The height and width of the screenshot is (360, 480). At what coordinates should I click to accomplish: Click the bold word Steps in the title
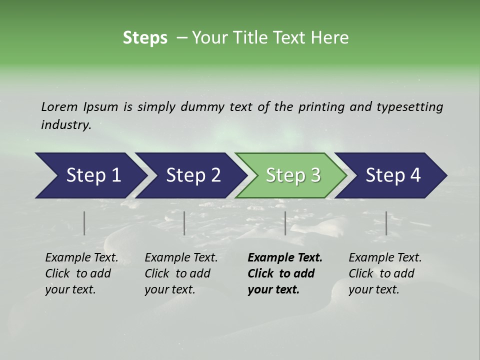[145, 37]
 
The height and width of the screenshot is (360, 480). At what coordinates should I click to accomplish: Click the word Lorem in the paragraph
[59, 106]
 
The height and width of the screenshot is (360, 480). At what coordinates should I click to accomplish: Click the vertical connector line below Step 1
[84, 223]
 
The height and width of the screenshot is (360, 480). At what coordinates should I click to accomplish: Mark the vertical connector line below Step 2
[184, 223]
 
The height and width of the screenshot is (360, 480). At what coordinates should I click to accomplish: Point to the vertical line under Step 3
[285, 223]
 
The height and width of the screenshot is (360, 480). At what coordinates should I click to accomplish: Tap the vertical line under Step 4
[386, 223]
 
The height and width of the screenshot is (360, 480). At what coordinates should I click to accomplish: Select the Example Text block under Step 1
[81, 273]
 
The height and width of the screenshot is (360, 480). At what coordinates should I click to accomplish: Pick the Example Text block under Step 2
[181, 273]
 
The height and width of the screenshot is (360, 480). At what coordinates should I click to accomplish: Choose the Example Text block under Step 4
[385, 273]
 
